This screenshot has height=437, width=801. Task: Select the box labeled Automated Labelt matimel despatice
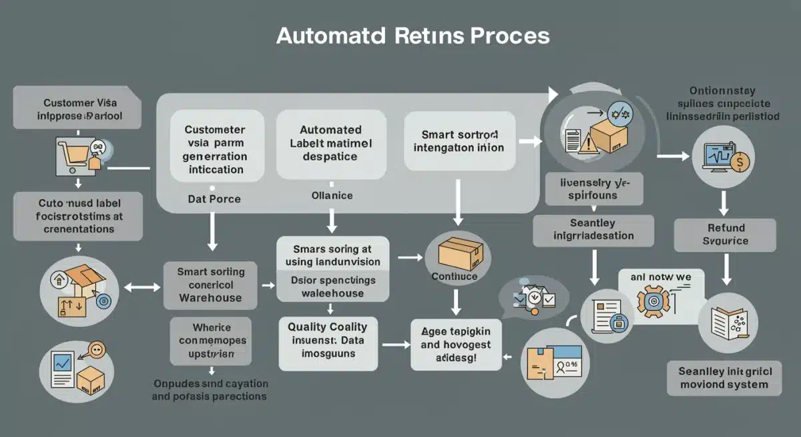[331, 144]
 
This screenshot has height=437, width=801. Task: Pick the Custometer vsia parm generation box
[214, 150]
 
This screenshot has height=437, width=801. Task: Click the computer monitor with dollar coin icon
[723, 158]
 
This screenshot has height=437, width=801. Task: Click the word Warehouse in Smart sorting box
[210, 298]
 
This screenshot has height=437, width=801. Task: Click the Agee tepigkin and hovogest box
[456, 344]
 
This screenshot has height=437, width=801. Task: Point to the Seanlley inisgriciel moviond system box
[724, 378]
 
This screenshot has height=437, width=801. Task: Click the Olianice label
[332, 196]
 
